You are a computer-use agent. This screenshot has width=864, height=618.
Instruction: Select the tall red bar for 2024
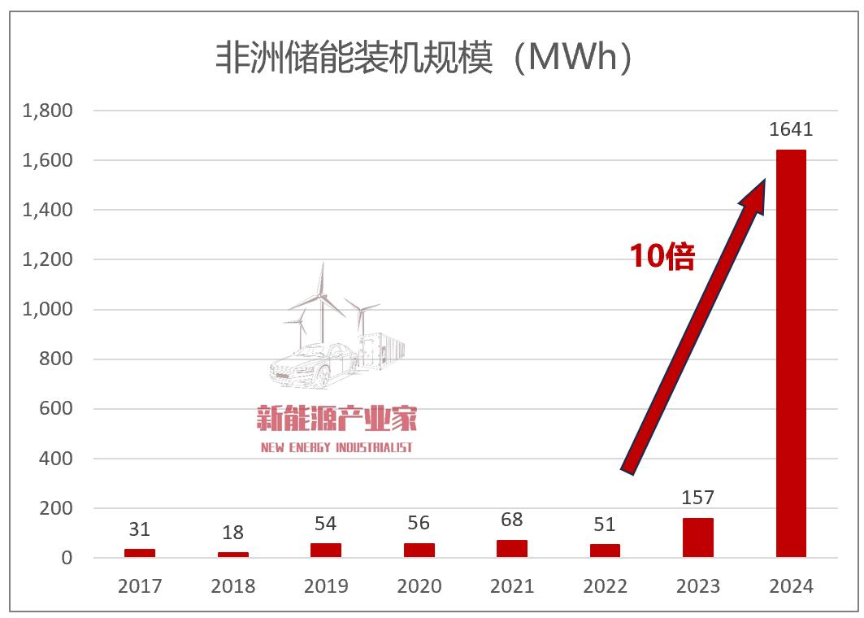coord(791,354)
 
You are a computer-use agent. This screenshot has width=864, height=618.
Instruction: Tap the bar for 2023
coord(698,538)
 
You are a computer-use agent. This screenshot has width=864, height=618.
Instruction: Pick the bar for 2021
coord(512,549)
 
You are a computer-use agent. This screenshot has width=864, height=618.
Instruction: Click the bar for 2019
coord(326,551)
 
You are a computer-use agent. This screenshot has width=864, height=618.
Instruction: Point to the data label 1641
coord(791,130)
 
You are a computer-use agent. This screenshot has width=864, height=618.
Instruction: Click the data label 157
coord(698,498)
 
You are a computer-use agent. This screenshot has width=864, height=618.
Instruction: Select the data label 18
coord(232,533)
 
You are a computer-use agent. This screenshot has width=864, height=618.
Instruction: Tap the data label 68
coord(512,520)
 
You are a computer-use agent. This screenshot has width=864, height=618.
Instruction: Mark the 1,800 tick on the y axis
coord(48,111)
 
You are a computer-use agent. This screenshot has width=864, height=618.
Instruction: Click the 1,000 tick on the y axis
coord(48,310)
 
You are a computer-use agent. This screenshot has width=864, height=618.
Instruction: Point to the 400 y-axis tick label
coord(56,459)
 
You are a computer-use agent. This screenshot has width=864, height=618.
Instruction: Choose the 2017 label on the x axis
coord(140,586)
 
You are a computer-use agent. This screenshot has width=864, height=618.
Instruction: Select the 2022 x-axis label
coord(605,586)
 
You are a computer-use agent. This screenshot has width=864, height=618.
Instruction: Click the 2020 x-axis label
coord(419,586)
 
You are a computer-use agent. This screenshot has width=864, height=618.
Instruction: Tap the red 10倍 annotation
coord(662,257)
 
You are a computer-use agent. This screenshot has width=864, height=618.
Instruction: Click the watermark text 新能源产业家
coord(336,420)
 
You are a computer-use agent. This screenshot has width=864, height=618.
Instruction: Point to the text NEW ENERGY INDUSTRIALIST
coord(336,447)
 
